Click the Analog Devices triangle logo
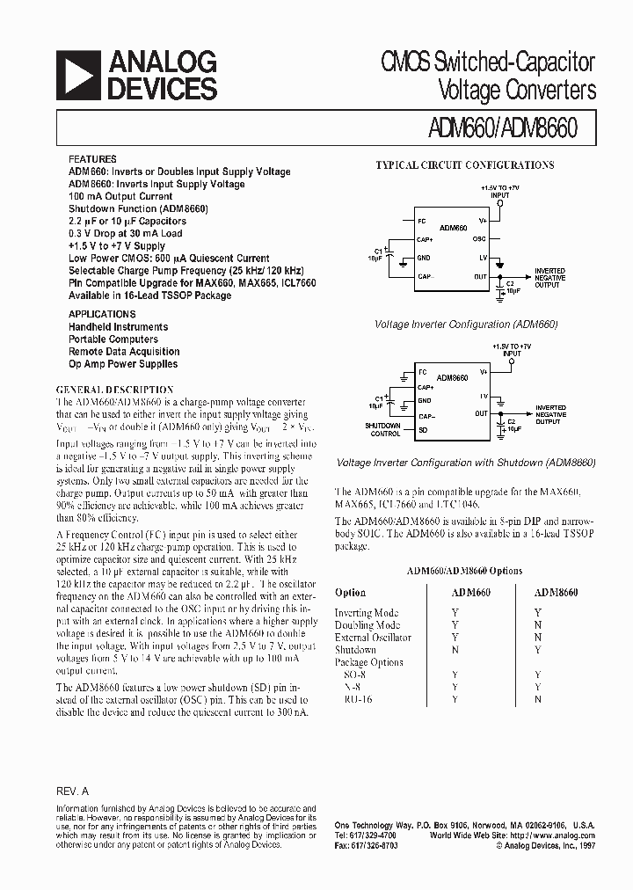click(77, 75)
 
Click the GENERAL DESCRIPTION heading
click(114, 390)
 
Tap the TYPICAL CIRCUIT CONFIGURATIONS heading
click(464, 164)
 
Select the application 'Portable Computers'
click(113, 339)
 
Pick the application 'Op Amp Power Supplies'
click(123, 363)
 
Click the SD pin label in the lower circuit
click(423, 430)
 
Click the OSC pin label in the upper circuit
click(479, 238)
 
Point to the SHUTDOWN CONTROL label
click(382, 430)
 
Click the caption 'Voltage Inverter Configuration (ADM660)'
click(466, 325)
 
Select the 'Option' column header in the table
click(350, 593)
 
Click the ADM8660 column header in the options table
click(556, 593)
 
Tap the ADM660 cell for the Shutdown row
click(455, 650)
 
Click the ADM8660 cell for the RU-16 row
click(538, 699)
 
